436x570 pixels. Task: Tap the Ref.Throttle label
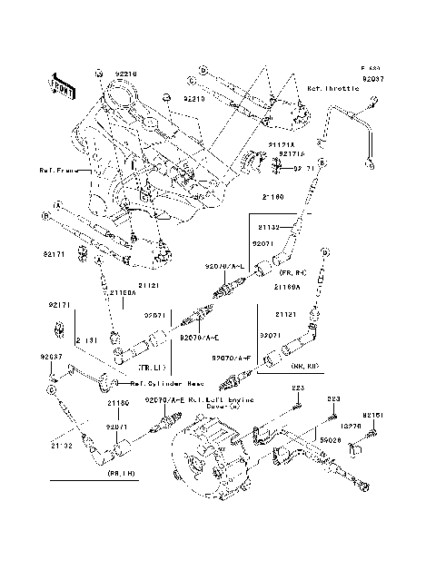click(x=332, y=89)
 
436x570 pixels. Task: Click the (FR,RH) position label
click(x=292, y=271)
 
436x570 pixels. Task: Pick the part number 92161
click(x=380, y=414)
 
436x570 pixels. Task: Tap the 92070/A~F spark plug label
click(x=234, y=359)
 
